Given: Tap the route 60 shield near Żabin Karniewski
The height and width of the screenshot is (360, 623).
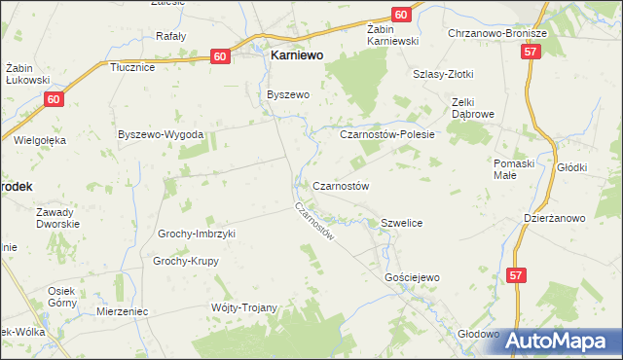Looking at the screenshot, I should click(402, 15).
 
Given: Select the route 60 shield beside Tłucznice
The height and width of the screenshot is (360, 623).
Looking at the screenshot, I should click(221, 57).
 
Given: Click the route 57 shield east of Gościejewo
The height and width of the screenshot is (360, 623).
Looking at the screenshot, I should click(517, 277).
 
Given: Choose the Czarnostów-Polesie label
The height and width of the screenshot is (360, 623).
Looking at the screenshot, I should click(386, 135).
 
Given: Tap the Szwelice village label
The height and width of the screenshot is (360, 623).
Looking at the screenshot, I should click(401, 224).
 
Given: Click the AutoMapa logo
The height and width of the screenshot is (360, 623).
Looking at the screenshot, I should click(559, 341).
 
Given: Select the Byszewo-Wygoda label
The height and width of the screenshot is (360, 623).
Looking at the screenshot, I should click(160, 133).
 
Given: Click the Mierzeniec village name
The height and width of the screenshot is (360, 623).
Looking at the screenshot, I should click(122, 312).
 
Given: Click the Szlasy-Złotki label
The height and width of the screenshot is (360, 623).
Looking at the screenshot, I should click(446, 73).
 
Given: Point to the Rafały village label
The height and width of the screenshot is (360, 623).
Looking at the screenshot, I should click(171, 36).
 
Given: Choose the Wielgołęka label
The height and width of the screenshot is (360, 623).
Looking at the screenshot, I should click(40, 140).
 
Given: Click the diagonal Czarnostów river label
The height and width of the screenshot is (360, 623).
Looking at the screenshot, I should click(316, 222).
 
